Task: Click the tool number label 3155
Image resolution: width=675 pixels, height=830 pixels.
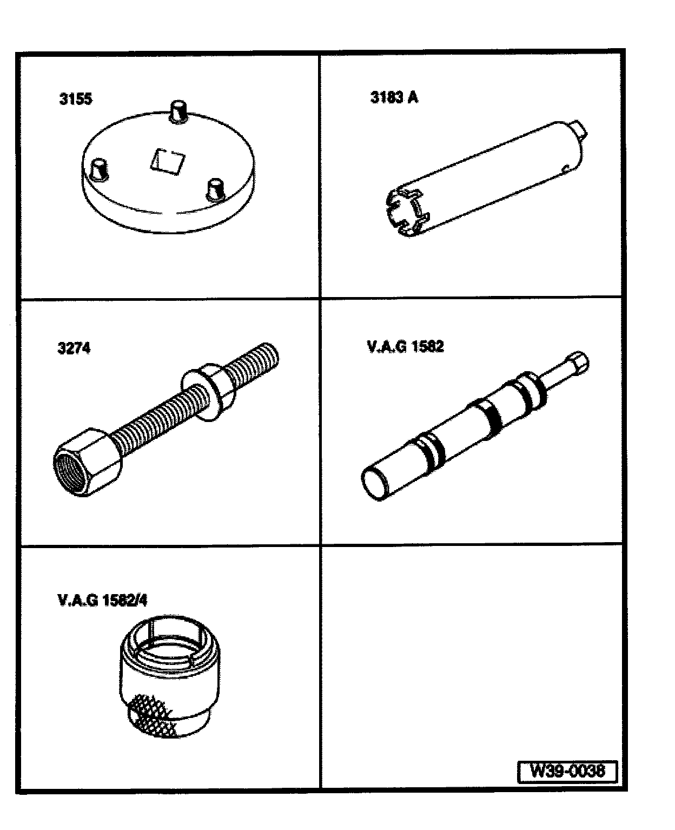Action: click(x=76, y=99)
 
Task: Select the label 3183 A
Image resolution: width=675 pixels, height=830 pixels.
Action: click(x=394, y=97)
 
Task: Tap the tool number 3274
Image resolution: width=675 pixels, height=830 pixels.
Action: click(x=74, y=347)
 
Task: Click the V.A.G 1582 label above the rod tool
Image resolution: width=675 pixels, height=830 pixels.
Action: click(x=406, y=346)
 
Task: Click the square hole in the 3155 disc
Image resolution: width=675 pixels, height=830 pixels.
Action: click(x=168, y=161)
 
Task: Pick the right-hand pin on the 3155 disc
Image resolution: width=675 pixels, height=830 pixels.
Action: click(x=215, y=190)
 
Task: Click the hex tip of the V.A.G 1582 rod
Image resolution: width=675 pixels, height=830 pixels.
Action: click(x=578, y=362)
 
